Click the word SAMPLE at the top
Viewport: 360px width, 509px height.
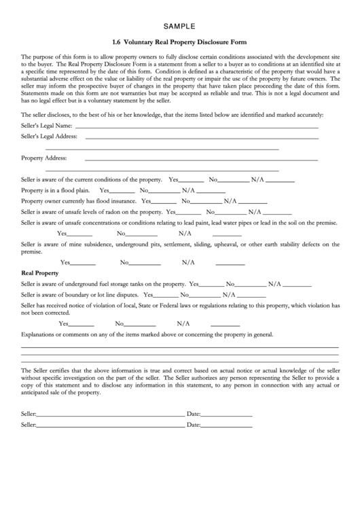point(179,27)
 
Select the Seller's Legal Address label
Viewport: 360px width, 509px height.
point(49,137)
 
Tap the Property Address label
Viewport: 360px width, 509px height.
point(43,158)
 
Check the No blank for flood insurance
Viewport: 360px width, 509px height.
point(206,201)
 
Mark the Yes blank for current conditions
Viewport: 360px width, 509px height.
point(191,180)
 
